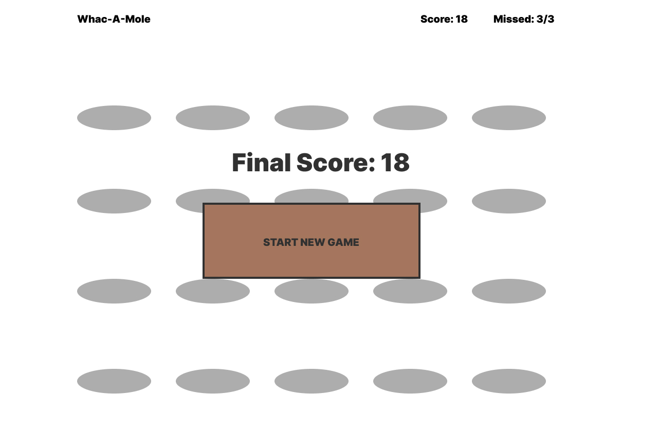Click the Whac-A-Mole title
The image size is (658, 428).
[114, 19]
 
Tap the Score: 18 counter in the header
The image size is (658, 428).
[444, 19]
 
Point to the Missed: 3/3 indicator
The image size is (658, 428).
[523, 19]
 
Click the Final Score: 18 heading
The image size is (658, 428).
[320, 163]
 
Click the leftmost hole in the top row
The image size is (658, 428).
[114, 118]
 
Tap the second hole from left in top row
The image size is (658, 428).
[213, 118]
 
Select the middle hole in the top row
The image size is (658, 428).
[312, 118]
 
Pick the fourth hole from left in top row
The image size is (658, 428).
[410, 118]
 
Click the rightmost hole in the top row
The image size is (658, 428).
[509, 118]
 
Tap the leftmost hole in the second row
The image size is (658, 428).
[114, 201]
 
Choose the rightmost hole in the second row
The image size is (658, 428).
[509, 201]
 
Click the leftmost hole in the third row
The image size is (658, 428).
[114, 291]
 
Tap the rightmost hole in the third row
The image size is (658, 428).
[509, 291]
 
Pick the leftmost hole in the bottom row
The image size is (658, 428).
[114, 381]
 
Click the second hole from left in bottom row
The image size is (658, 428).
[213, 381]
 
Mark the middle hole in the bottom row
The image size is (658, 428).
[312, 381]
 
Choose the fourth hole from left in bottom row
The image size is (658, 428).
[410, 381]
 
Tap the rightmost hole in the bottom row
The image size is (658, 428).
[509, 381]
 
